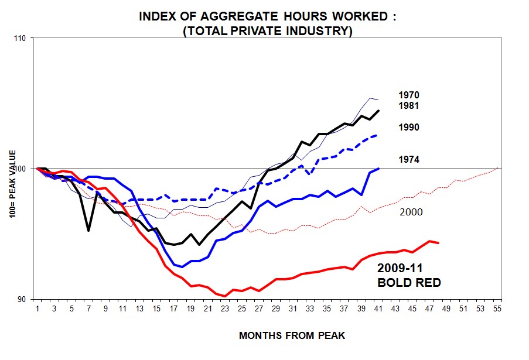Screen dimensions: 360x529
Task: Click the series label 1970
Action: click(408, 95)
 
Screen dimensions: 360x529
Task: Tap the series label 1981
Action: click(408, 106)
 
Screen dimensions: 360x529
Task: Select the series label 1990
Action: click(408, 127)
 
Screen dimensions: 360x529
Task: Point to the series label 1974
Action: click(408, 159)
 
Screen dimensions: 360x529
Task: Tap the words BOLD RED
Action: click(408, 283)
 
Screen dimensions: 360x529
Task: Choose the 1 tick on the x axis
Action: click(37, 308)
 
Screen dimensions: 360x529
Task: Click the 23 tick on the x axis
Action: click(225, 308)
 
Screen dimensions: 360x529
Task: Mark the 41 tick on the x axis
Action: click(378, 308)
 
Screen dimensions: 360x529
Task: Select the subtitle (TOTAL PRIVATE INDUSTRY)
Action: click(267, 30)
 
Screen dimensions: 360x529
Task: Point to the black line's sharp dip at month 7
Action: click(88, 231)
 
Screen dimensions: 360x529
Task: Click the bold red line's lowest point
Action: click(225, 296)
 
